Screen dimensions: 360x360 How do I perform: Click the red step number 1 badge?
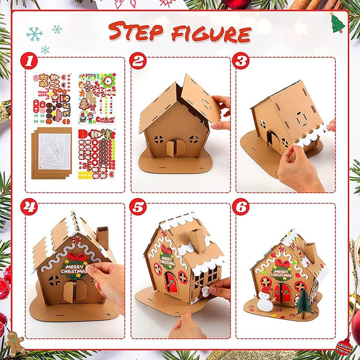29,61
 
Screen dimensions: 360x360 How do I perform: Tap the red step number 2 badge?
138,61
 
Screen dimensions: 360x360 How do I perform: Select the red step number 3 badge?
241,61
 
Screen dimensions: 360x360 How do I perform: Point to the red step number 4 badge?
29,207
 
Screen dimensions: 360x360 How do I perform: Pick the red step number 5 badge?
138,207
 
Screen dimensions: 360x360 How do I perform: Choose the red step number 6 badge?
241,207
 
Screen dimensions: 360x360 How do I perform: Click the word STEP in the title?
135,31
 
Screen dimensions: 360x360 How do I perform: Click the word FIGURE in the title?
211,33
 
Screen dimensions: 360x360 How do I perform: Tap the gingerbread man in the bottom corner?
14,342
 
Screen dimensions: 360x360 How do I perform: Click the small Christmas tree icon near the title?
337,23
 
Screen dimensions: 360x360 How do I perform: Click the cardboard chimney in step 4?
103,238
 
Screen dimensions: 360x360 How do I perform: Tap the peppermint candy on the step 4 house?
76,240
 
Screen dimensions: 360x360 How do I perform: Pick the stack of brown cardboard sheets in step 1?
52,153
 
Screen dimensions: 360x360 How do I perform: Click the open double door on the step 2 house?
176,148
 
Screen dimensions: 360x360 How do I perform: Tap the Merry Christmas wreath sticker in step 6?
281,271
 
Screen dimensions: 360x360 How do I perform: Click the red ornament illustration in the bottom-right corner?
344,345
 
